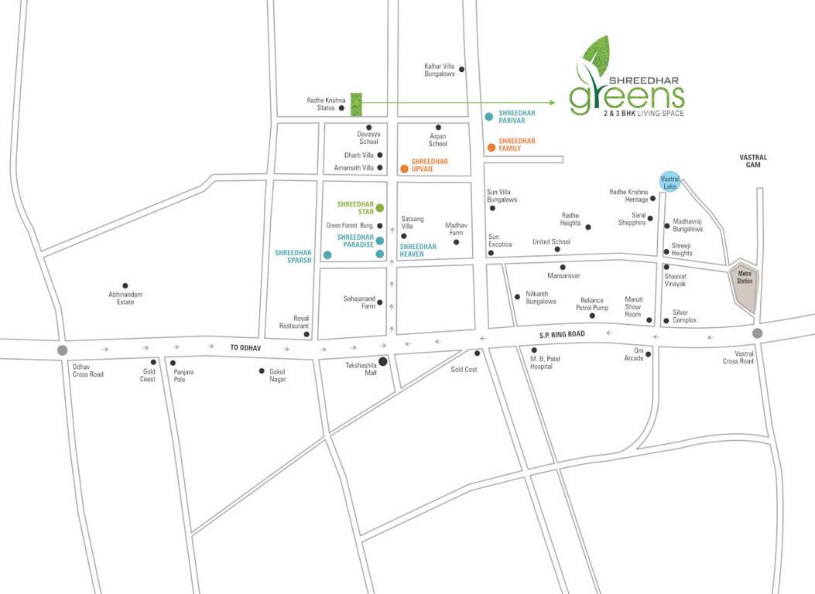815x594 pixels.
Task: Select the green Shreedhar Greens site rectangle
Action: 356,104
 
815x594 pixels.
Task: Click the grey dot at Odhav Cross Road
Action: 62,350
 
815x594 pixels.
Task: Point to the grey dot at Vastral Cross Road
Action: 757,333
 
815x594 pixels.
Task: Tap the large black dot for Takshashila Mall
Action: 382,360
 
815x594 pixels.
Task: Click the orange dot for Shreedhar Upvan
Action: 404,168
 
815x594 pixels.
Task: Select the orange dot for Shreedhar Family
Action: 491,147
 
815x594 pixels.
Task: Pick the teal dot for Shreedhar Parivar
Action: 489,117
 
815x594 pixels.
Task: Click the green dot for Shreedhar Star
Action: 380,207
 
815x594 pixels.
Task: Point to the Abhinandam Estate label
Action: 125,298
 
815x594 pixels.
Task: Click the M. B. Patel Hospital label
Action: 541,363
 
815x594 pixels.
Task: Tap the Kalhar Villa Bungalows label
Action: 440,70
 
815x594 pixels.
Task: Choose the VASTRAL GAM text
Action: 752,161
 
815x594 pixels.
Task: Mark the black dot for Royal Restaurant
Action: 307,335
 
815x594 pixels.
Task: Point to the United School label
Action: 551,241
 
